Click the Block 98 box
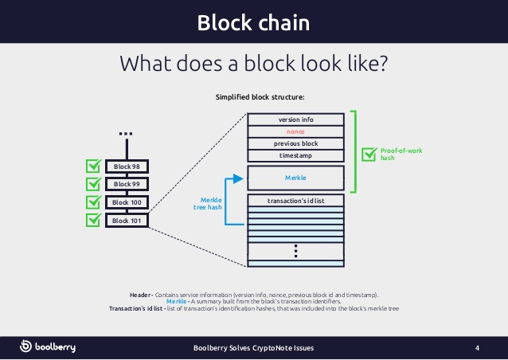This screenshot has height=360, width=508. (127, 166)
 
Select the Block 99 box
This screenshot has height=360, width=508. (127, 184)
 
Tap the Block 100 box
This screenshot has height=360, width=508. (127, 202)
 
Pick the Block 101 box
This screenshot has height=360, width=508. (127, 221)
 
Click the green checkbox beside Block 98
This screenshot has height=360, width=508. (93, 166)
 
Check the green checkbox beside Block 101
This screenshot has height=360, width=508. (93, 220)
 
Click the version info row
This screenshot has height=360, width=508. (295, 119)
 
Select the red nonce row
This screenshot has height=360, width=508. (295, 131)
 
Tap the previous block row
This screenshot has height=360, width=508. (295, 143)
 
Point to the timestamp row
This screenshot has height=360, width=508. (295, 155)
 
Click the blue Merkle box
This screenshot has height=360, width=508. (295, 177)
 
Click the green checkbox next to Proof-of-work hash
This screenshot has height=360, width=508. (369, 154)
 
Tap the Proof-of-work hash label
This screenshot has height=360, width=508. (397, 155)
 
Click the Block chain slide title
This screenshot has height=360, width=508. (253, 22)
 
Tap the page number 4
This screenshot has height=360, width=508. (477, 348)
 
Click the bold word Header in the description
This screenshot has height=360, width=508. (139, 294)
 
